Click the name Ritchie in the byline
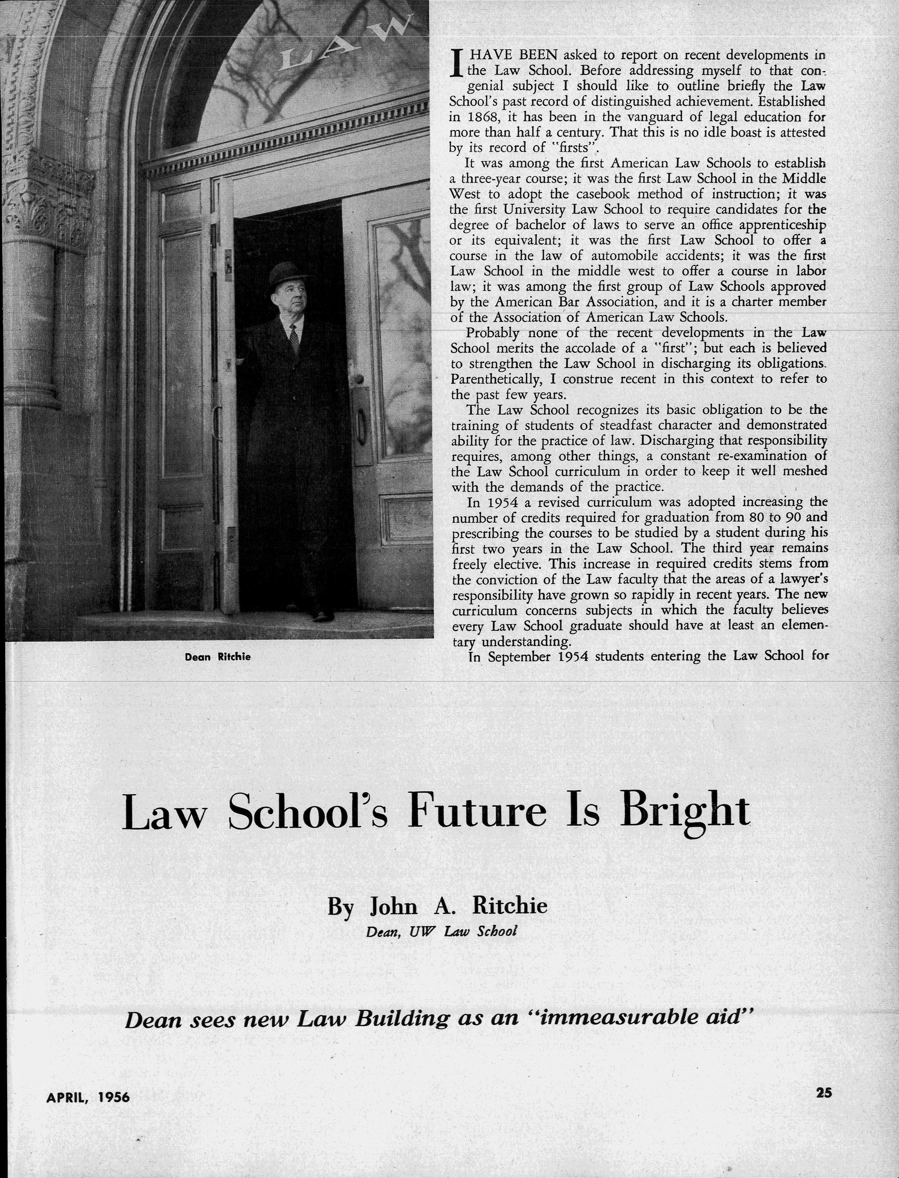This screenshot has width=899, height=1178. (x=510, y=906)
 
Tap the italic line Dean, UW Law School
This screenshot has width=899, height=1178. (x=442, y=931)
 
